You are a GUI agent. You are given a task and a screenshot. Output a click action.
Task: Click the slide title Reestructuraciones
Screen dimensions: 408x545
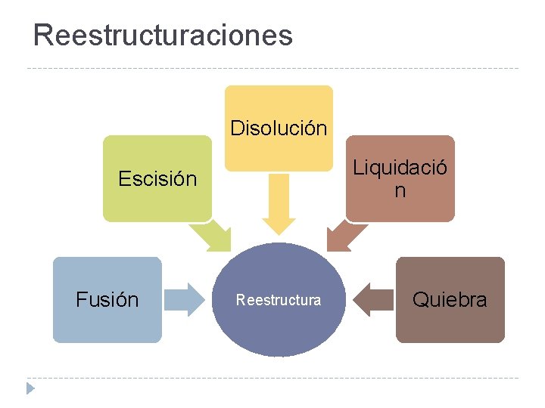click(163, 35)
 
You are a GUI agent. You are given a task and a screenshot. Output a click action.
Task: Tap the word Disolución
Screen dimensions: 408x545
click(279, 128)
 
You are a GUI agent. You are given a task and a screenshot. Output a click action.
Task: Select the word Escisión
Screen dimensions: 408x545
click(157, 179)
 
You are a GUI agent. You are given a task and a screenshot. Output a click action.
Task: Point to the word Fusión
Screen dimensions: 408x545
click(107, 300)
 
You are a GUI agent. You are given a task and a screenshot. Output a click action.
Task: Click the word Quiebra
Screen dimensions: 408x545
click(450, 300)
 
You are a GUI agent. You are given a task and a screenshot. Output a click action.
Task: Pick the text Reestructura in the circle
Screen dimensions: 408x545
click(278, 300)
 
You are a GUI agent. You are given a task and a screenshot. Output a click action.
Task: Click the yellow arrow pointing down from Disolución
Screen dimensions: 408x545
click(279, 204)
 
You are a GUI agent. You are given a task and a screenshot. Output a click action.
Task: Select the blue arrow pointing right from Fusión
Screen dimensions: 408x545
click(185, 299)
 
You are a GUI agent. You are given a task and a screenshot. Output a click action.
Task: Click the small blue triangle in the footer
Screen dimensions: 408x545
click(30, 388)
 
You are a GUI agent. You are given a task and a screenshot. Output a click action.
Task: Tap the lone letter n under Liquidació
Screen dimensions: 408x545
click(400, 191)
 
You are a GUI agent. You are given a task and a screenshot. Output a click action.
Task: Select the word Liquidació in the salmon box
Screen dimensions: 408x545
click(400, 167)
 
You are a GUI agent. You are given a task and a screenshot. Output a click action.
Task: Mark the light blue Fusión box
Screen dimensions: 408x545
click(107, 325)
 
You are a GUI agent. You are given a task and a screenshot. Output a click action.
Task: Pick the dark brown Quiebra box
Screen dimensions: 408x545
click(450, 325)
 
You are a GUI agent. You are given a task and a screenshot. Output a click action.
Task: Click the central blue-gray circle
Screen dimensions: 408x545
click(278, 332)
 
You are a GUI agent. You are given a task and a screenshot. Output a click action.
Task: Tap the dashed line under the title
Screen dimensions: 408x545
click(272, 69)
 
